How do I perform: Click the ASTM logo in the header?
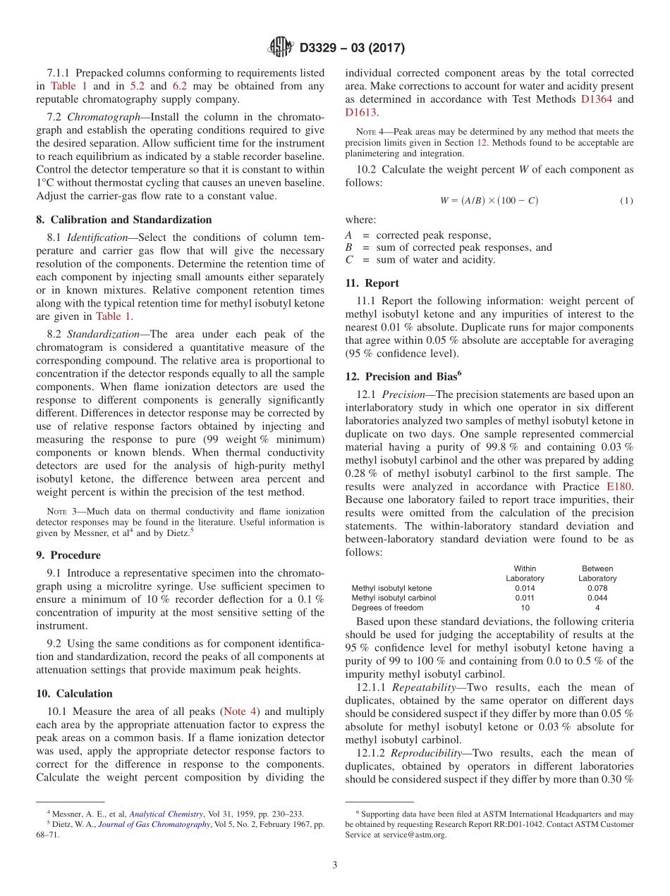coord(280,48)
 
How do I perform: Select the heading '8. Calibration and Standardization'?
coord(124,220)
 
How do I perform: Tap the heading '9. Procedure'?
coord(68,555)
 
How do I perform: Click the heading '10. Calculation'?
coord(74,693)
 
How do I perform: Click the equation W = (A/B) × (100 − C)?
coord(489,201)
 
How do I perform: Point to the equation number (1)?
coord(626,201)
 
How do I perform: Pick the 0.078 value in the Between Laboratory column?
coord(597,588)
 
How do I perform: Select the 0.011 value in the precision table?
coord(525,598)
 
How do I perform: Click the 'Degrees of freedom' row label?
coord(387,608)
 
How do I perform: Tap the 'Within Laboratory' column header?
coord(525,573)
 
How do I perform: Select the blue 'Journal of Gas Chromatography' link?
coord(154,824)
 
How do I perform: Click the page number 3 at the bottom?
coord(335,865)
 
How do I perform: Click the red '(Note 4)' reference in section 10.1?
coord(240,712)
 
